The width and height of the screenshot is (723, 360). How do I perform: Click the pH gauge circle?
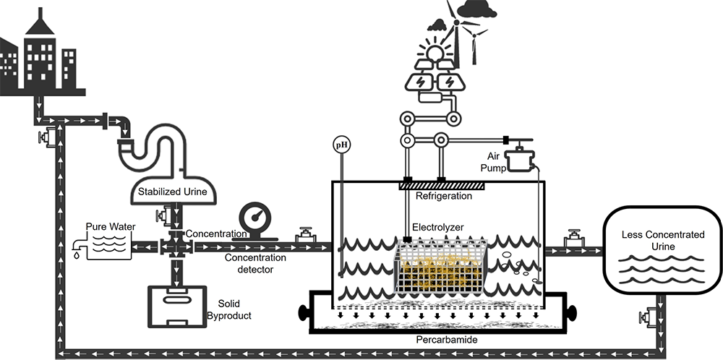[x=342, y=145]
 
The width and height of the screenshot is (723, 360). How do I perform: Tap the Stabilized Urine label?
[x=173, y=192]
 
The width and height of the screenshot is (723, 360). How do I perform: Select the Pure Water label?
[x=111, y=227]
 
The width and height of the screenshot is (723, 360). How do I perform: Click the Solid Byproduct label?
[x=229, y=309]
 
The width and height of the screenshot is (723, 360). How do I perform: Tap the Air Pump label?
[x=493, y=162]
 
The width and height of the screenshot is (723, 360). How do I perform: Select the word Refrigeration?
[x=444, y=196]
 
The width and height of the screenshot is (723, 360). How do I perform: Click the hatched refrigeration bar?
[x=441, y=185]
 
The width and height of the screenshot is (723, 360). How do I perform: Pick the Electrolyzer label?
[x=437, y=227]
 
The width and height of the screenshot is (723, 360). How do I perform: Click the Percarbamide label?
[x=447, y=340]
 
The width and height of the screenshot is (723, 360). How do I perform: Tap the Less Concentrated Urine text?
[x=663, y=240]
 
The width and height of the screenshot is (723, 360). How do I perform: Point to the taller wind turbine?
[x=456, y=37]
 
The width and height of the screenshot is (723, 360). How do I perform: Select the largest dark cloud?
[x=476, y=9]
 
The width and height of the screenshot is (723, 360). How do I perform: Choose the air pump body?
[x=521, y=159]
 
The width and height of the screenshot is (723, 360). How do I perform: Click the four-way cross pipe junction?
[x=176, y=247]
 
